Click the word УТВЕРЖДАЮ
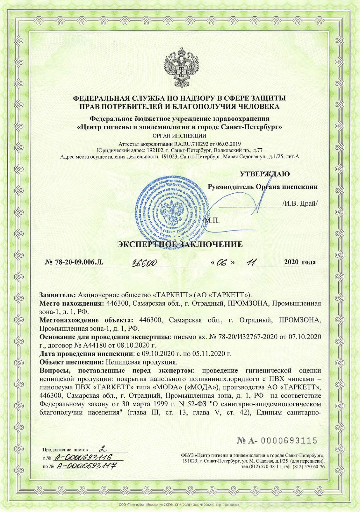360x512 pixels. click(265, 174)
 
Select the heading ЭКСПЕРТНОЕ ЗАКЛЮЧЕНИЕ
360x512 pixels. click(180, 244)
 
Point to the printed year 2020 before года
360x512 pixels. click(291, 262)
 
